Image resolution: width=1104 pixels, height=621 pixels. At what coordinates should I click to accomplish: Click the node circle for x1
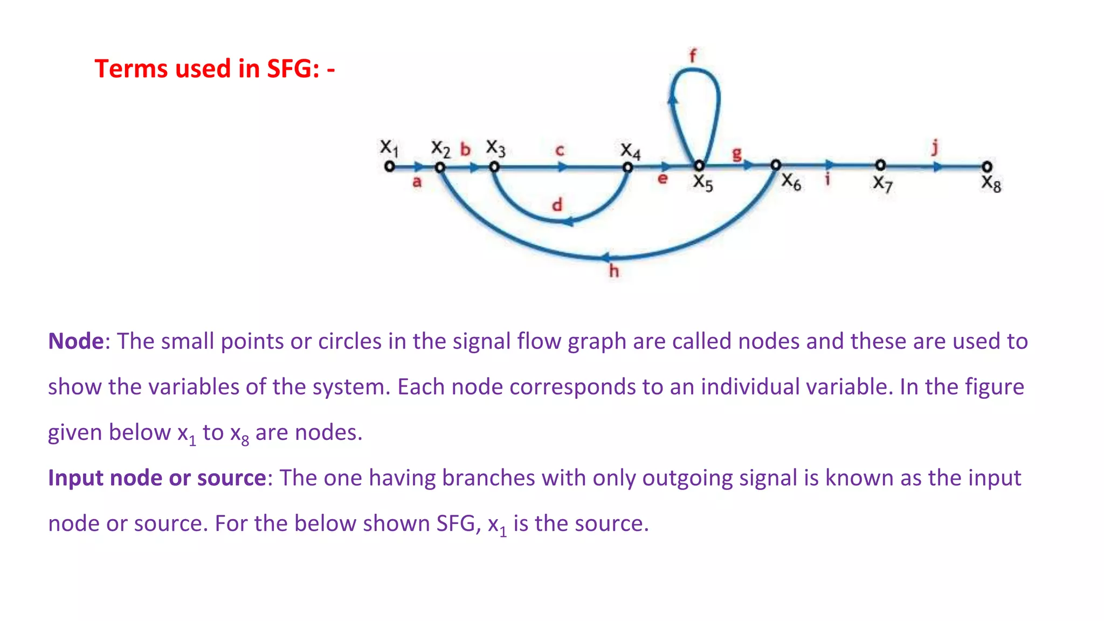(x=389, y=167)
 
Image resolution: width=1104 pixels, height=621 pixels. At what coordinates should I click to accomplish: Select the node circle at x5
(x=699, y=165)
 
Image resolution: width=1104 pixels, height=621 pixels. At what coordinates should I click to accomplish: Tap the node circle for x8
(x=986, y=167)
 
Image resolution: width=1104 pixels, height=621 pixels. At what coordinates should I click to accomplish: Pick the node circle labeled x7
(x=880, y=165)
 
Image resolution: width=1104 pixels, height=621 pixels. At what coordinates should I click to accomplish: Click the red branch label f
(x=693, y=56)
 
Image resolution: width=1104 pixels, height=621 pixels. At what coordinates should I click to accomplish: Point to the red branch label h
(x=613, y=271)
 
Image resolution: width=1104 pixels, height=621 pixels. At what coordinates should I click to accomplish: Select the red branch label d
(x=557, y=205)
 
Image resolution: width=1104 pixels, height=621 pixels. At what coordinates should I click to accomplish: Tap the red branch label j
(x=935, y=147)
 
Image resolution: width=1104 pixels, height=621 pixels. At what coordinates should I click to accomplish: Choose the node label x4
(x=630, y=150)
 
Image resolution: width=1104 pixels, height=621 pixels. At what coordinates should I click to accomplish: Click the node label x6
(x=791, y=182)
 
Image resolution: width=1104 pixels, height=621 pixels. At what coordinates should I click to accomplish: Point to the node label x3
(x=495, y=147)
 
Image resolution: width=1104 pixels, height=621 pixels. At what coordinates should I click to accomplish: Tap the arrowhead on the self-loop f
(x=673, y=98)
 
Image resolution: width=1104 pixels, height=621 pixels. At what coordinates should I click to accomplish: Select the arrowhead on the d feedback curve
(x=568, y=221)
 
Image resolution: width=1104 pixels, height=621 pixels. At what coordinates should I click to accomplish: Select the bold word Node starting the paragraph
(x=75, y=341)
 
